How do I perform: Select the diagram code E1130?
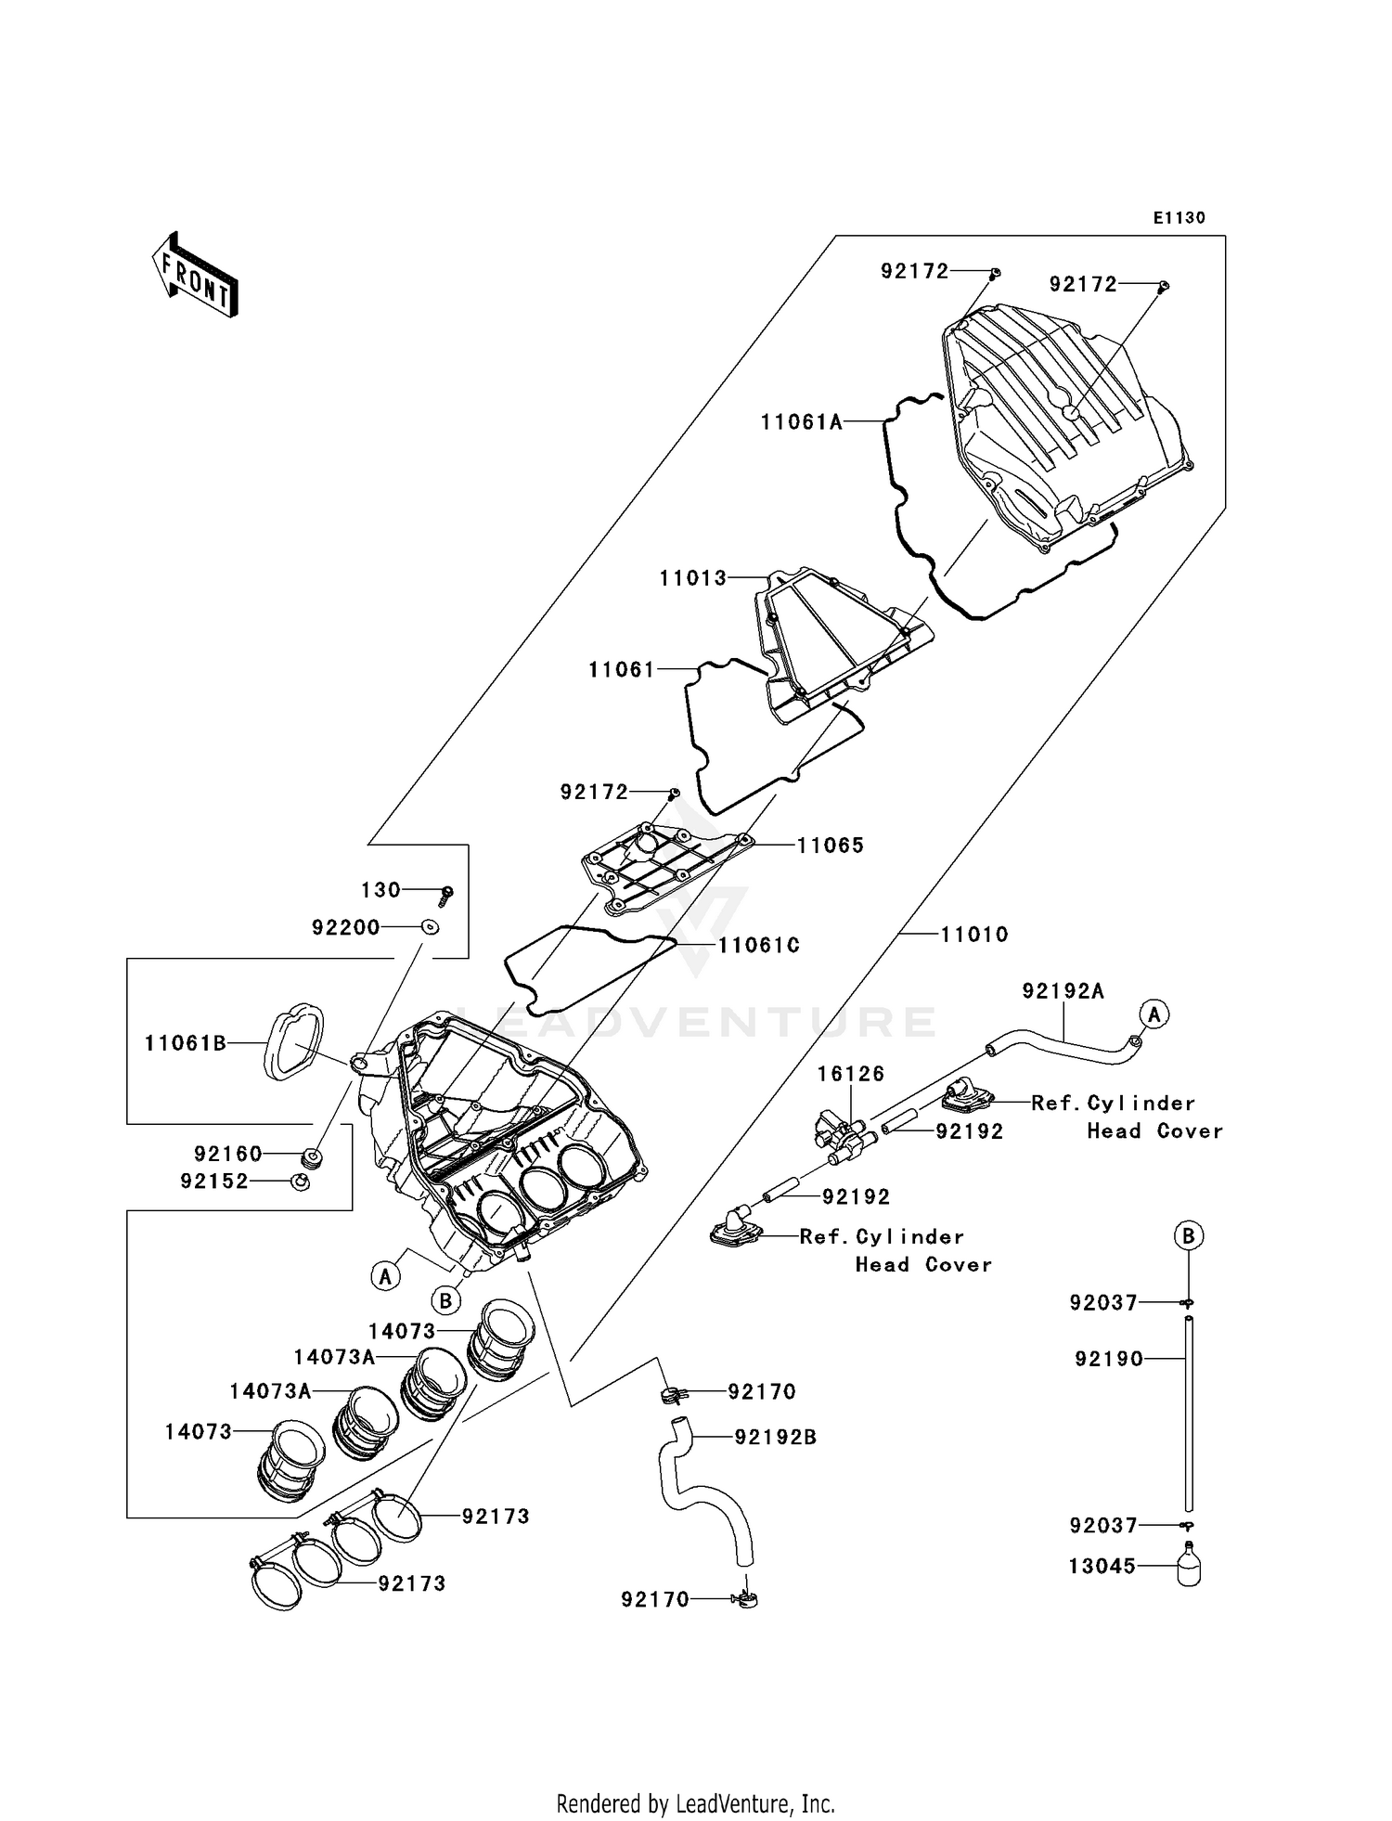(1179, 218)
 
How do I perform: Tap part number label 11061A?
(801, 422)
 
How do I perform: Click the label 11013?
(692, 578)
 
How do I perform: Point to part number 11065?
(831, 846)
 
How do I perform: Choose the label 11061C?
(758, 946)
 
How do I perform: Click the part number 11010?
(973, 935)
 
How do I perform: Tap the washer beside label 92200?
(430, 926)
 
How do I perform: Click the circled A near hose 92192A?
(1154, 1014)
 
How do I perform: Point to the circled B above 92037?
(1188, 1236)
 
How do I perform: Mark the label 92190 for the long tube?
(1109, 1359)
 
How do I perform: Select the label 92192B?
(775, 1437)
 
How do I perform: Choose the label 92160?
(227, 1154)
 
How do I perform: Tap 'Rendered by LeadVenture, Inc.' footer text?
(695, 1803)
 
